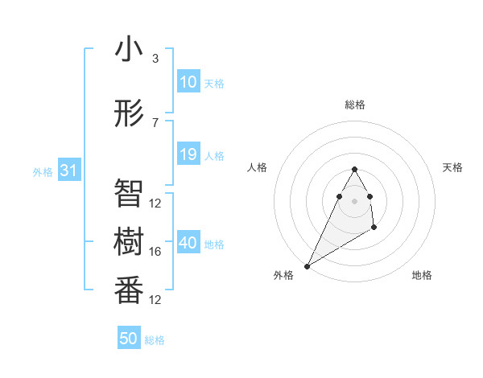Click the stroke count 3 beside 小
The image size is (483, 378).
coord(155,59)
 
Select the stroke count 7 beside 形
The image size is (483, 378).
coord(155,123)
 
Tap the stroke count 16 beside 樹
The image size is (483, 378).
coord(155,252)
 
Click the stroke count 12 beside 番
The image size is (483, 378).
coord(155,300)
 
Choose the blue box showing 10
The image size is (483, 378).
coord(188,82)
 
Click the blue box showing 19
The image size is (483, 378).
coord(188,155)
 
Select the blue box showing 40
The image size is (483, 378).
coord(188,243)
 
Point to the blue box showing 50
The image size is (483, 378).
coord(129,339)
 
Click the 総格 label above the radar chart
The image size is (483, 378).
coord(355,105)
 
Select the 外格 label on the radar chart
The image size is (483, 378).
coord(283,275)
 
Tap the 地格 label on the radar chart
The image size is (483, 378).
coord(422,275)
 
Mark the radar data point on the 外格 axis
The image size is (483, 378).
coord(307,265)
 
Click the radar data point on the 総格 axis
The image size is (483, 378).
coord(354,169)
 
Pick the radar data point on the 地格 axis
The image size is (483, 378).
coord(374,228)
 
